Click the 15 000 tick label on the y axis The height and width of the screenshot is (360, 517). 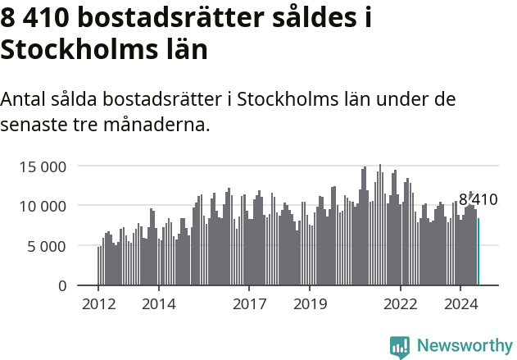coord(42,166)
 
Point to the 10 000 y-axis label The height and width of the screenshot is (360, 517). coord(42,206)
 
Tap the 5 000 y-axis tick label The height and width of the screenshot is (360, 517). coord(47,246)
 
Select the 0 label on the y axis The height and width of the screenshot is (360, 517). coord(62,285)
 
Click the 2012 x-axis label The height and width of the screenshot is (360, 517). coord(98,304)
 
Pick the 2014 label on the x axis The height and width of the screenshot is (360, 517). coord(159,304)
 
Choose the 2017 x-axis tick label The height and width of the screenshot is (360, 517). coord(250,304)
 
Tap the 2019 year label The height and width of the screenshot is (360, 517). coord(310,304)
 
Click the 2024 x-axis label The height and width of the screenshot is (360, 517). coord(461,304)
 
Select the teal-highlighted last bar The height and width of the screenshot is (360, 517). coord(478,252)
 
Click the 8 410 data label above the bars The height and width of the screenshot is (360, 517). coord(478,199)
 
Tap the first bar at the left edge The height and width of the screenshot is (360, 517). coord(98,267)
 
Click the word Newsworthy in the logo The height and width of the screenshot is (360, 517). coord(465,345)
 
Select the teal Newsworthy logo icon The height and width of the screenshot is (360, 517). coord(400,347)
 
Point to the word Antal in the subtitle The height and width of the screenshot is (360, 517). coord(22,100)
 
